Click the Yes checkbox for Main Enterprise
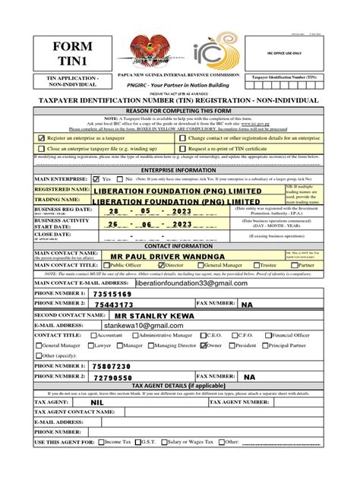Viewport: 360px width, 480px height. pos(96,179)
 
